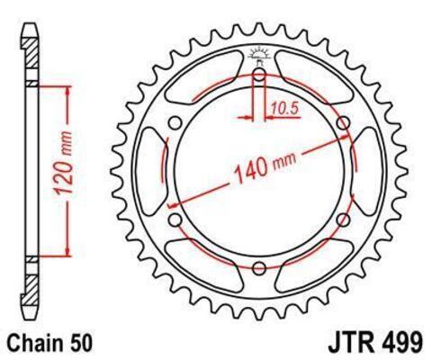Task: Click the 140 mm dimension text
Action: (x=265, y=168)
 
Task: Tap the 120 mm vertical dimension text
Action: (x=63, y=164)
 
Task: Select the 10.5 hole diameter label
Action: (x=285, y=108)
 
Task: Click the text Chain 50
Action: (x=49, y=343)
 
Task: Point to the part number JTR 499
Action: (x=376, y=343)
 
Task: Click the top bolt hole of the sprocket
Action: (x=259, y=74)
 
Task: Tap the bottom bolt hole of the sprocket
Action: (x=259, y=268)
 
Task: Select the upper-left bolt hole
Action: (x=175, y=122)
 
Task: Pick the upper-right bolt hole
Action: (x=344, y=122)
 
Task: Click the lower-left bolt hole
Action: (x=175, y=220)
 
